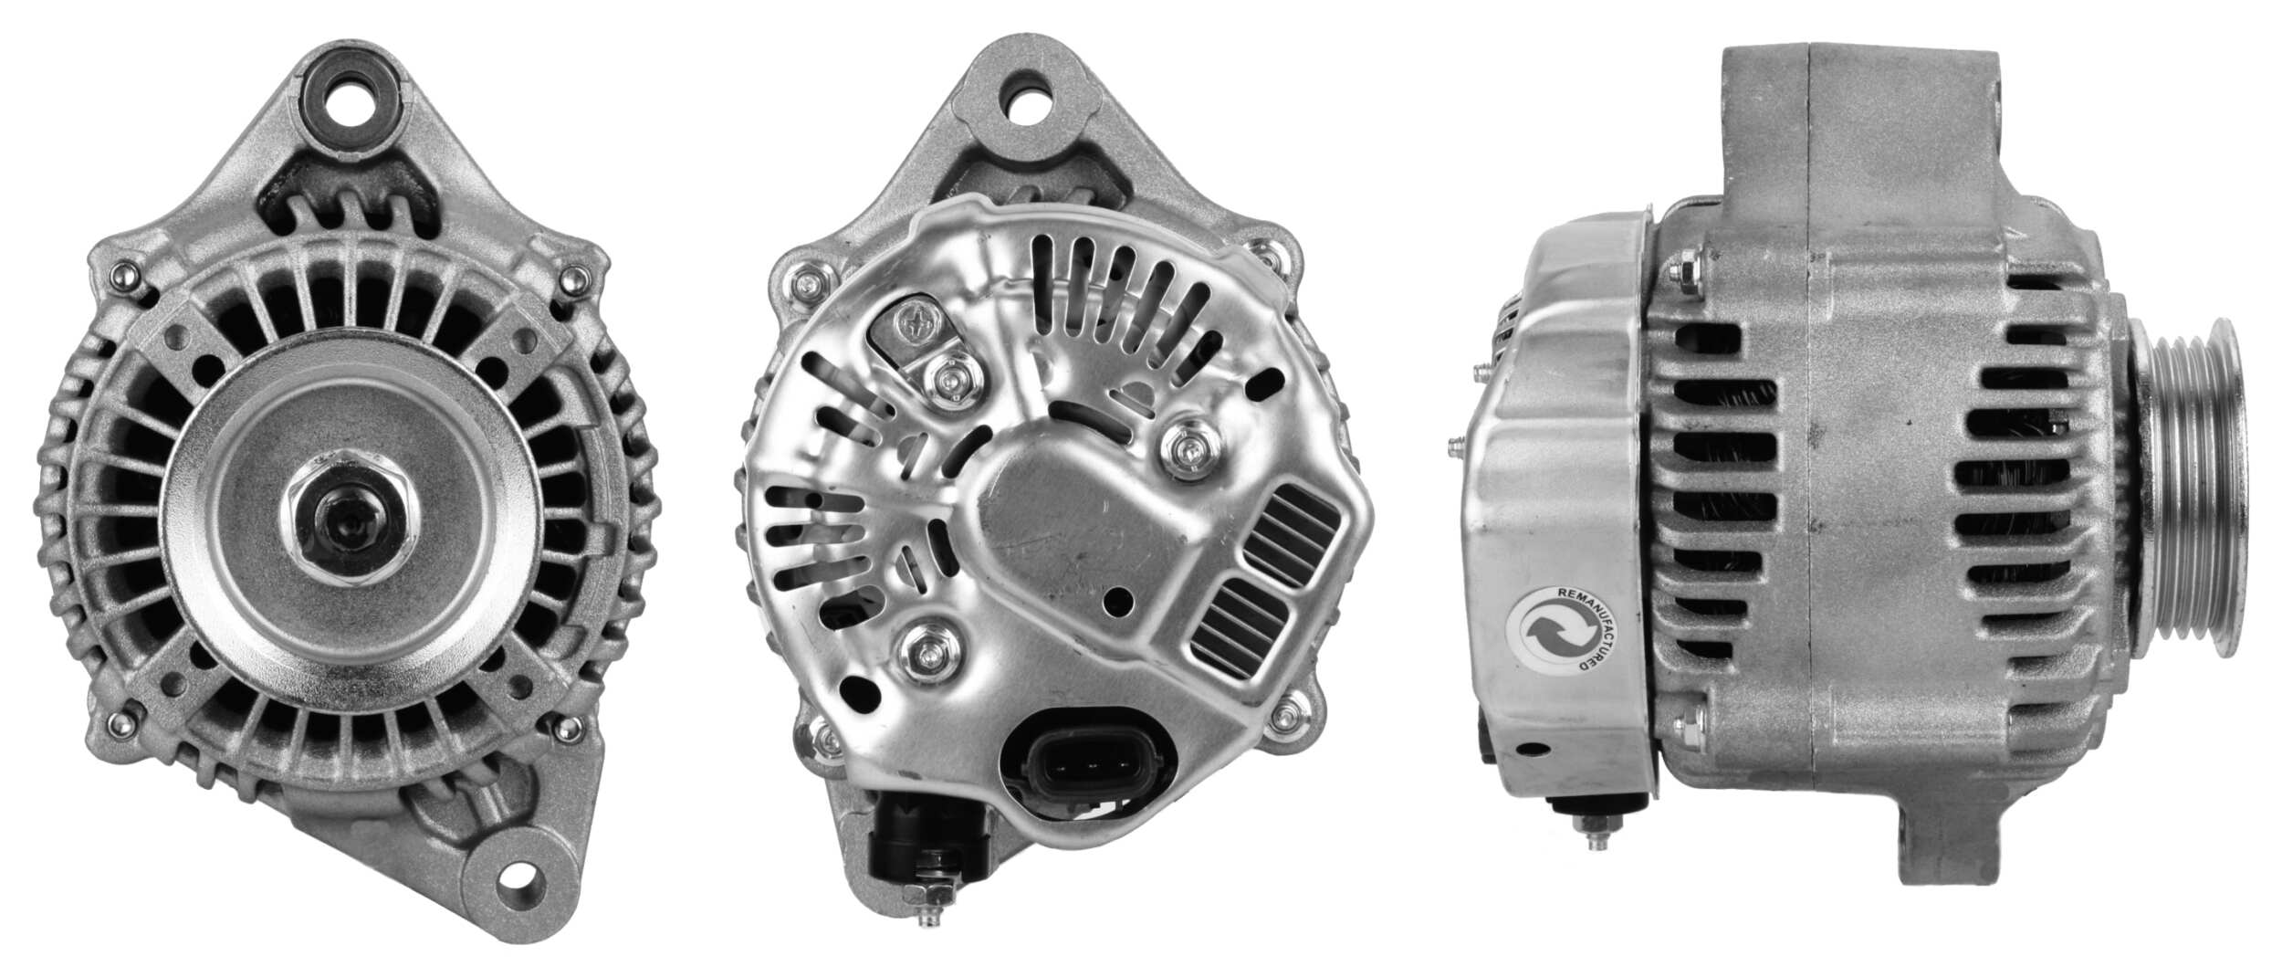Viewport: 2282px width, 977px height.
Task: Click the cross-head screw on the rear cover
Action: [x=916, y=320]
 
